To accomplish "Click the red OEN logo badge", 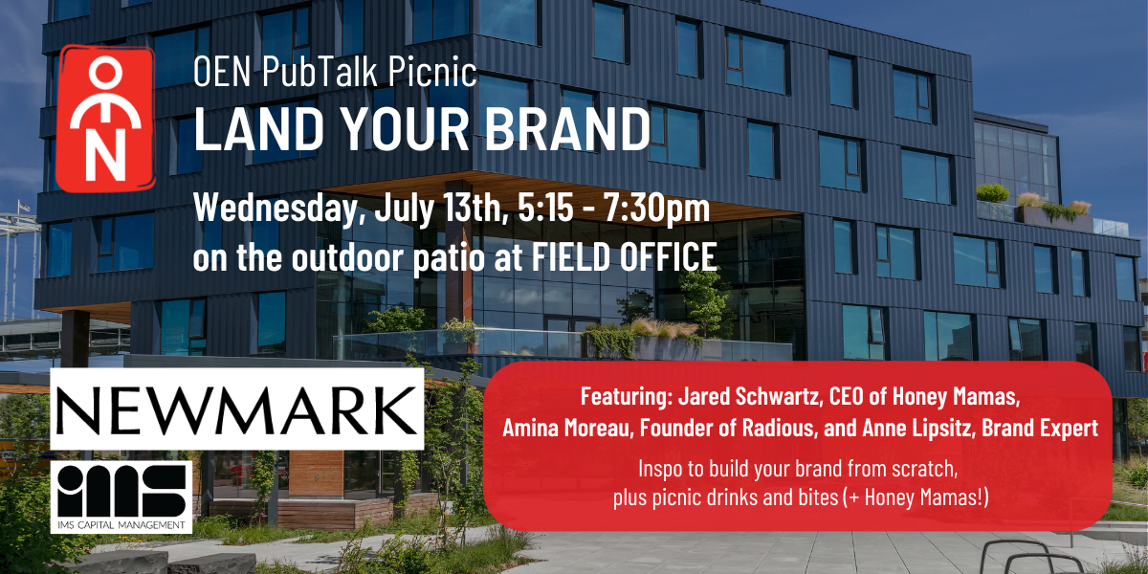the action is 105,119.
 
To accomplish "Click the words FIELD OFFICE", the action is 624,255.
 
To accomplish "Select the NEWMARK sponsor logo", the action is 237,409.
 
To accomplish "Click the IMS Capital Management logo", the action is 121,497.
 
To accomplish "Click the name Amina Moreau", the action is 565,428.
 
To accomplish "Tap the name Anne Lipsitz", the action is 916,429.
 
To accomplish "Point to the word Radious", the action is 778,428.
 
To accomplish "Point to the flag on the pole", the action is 24,206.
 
